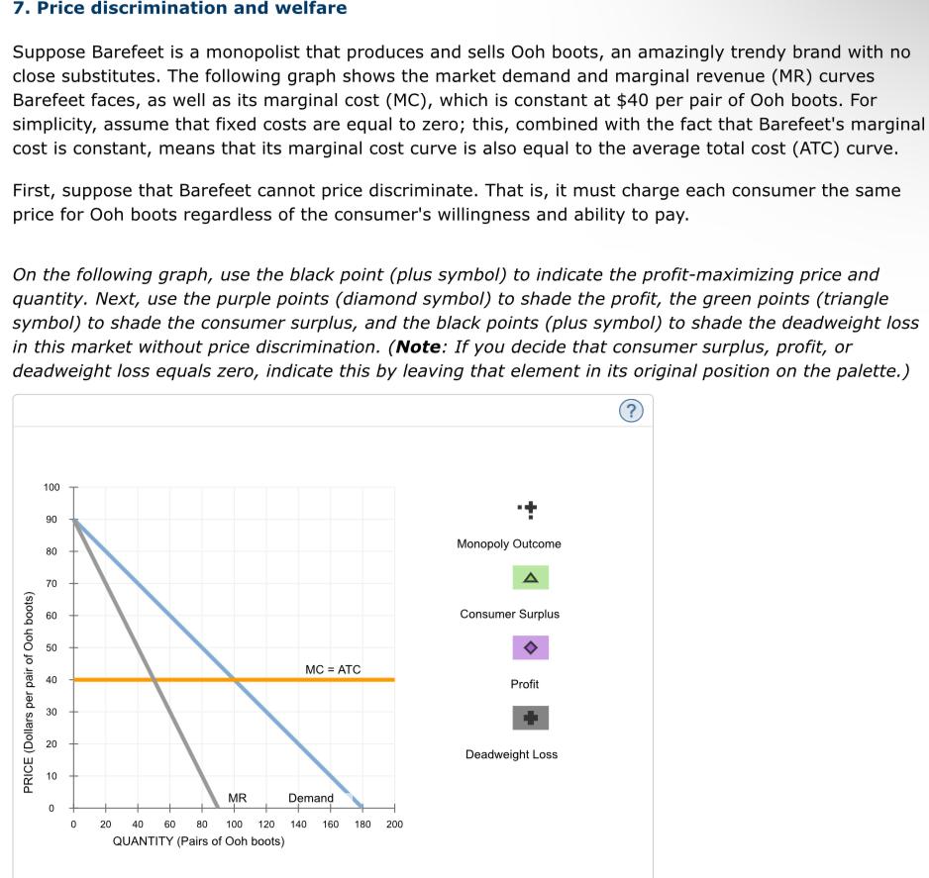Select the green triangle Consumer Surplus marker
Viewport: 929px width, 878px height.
pyautogui.click(x=530, y=578)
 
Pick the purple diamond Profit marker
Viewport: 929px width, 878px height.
pyautogui.click(x=530, y=647)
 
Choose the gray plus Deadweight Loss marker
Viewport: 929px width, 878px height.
pyautogui.click(x=530, y=718)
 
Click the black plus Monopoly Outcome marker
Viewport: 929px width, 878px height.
pyautogui.click(x=531, y=510)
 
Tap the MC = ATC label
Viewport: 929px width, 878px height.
pyautogui.click(x=333, y=670)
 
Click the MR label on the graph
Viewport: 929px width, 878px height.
pyautogui.click(x=238, y=798)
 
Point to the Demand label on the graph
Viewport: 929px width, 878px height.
pyautogui.click(x=311, y=798)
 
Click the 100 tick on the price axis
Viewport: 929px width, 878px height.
pyautogui.click(x=52, y=487)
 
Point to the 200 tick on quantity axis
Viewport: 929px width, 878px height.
pyautogui.click(x=394, y=824)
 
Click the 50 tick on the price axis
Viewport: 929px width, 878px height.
pyautogui.click(x=53, y=647)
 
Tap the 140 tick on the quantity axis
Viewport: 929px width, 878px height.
pyautogui.click(x=298, y=824)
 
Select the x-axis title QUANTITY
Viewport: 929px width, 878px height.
pyautogui.click(x=198, y=841)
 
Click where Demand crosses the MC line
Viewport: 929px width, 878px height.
pyautogui.click(x=234, y=680)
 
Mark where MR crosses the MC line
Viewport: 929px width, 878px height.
pyautogui.click(x=154, y=680)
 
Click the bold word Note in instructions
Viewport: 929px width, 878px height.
pyautogui.click(x=418, y=347)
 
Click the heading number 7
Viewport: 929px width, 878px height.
pyautogui.click(x=19, y=9)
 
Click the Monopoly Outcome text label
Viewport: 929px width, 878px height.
pyautogui.click(x=509, y=543)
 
